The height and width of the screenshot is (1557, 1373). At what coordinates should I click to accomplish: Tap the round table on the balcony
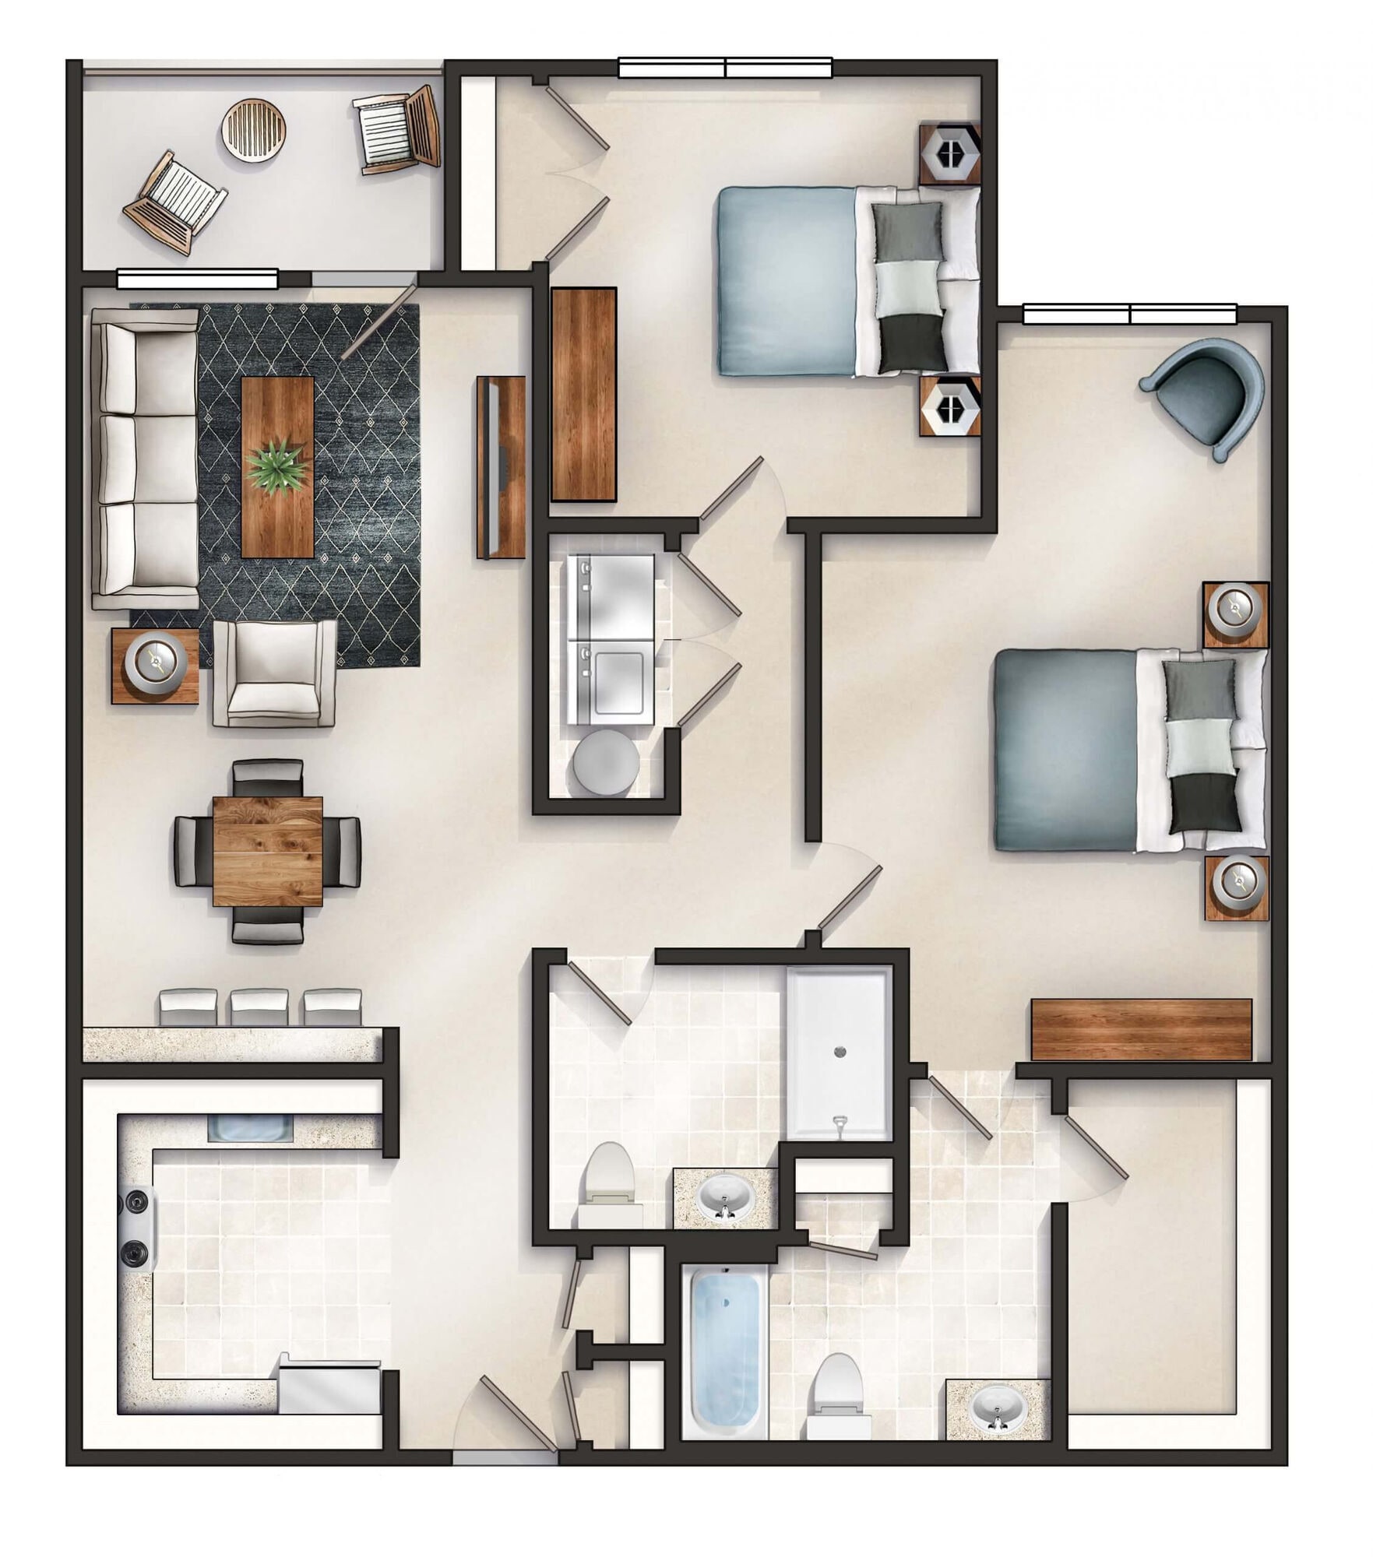point(254,129)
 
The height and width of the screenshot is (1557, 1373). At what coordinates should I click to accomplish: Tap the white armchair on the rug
point(274,673)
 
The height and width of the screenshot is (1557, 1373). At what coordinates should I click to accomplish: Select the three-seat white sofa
point(145,459)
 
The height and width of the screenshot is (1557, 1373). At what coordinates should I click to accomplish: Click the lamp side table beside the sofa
point(154,666)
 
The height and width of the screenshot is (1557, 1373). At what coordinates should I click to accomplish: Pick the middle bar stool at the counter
point(259,1006)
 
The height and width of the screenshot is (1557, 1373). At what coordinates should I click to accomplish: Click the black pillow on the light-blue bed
point(912,343)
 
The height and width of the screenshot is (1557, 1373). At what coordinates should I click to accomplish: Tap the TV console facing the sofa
point(501,466)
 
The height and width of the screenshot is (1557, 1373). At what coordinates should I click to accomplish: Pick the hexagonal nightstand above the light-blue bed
point(949,153)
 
